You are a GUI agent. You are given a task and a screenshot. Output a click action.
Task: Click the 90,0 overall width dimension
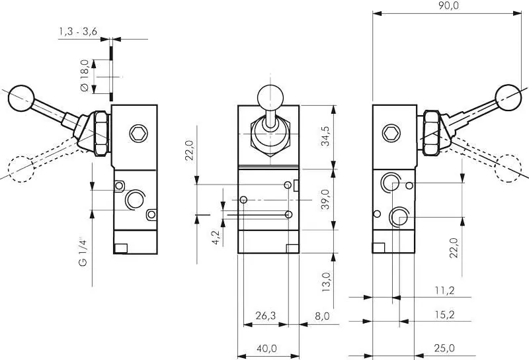448,6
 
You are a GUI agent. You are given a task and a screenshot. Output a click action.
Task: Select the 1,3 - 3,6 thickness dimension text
79,32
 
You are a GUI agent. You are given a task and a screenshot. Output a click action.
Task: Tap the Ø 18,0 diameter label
84,77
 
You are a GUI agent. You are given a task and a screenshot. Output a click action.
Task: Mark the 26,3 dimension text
265,316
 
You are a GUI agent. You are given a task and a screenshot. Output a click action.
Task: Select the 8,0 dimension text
322,316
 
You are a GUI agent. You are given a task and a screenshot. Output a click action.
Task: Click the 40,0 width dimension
266,348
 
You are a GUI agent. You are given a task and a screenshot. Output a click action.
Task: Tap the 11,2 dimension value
444,290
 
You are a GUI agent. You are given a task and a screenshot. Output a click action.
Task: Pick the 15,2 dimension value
444,315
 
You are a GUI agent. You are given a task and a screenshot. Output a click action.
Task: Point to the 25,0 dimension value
444,348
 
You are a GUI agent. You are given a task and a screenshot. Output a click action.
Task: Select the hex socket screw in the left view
138,133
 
